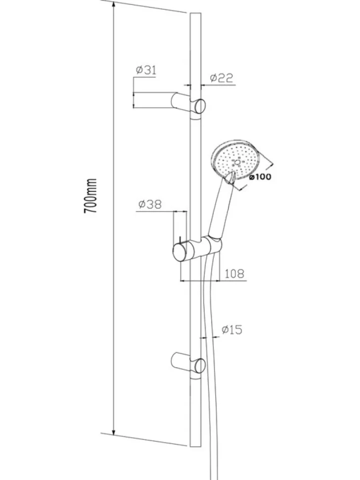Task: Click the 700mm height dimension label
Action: click(x=90, y=196)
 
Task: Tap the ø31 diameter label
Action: click(x=146, y=70)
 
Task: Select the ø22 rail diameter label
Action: click(x=222, y=78)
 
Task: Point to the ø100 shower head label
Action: click(x=260, y=177)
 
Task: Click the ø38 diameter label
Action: click(x=149, y=204)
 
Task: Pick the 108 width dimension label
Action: click(x=234, y=273)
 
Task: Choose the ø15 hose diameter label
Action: click(x=232, y=330)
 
